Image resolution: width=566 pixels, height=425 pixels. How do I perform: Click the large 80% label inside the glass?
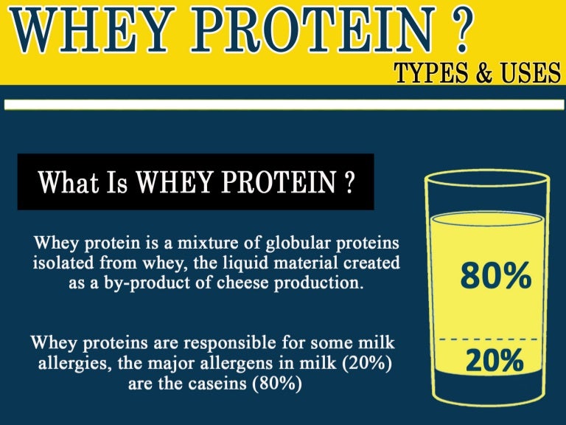coord(495,277)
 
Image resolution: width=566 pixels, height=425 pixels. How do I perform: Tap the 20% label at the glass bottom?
coord(494,361)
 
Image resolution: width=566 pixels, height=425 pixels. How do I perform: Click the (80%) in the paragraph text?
coord(276,384)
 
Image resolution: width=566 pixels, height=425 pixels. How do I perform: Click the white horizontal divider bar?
coord(282,106)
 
